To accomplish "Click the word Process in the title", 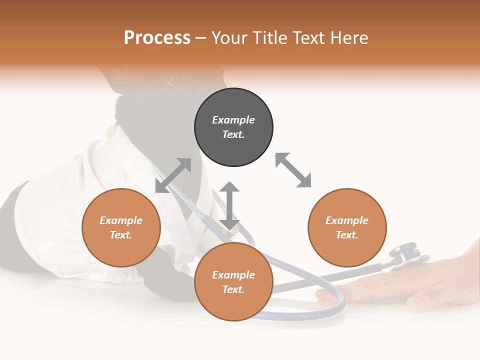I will (157, 38).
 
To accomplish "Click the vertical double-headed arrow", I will (229, 205).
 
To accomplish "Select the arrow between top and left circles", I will (173, 175).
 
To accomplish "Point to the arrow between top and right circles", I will (293, 170).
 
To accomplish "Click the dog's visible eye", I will (174, 80).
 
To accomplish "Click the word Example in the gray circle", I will (233, 120).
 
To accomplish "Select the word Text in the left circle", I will (121, 235).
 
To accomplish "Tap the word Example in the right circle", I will (347, 220).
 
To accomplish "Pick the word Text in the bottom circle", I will (233, 289).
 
